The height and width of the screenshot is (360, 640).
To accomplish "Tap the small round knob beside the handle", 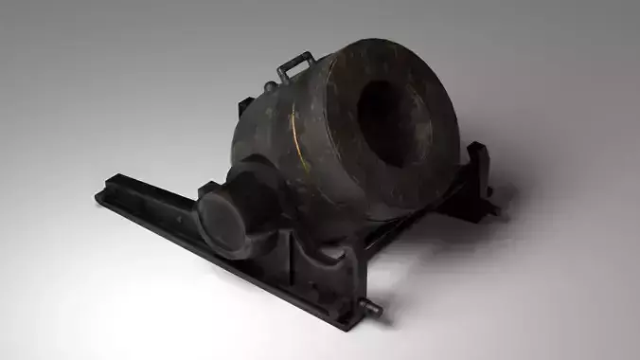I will [271, 86].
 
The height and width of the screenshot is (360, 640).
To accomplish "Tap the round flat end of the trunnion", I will [221, 219].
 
